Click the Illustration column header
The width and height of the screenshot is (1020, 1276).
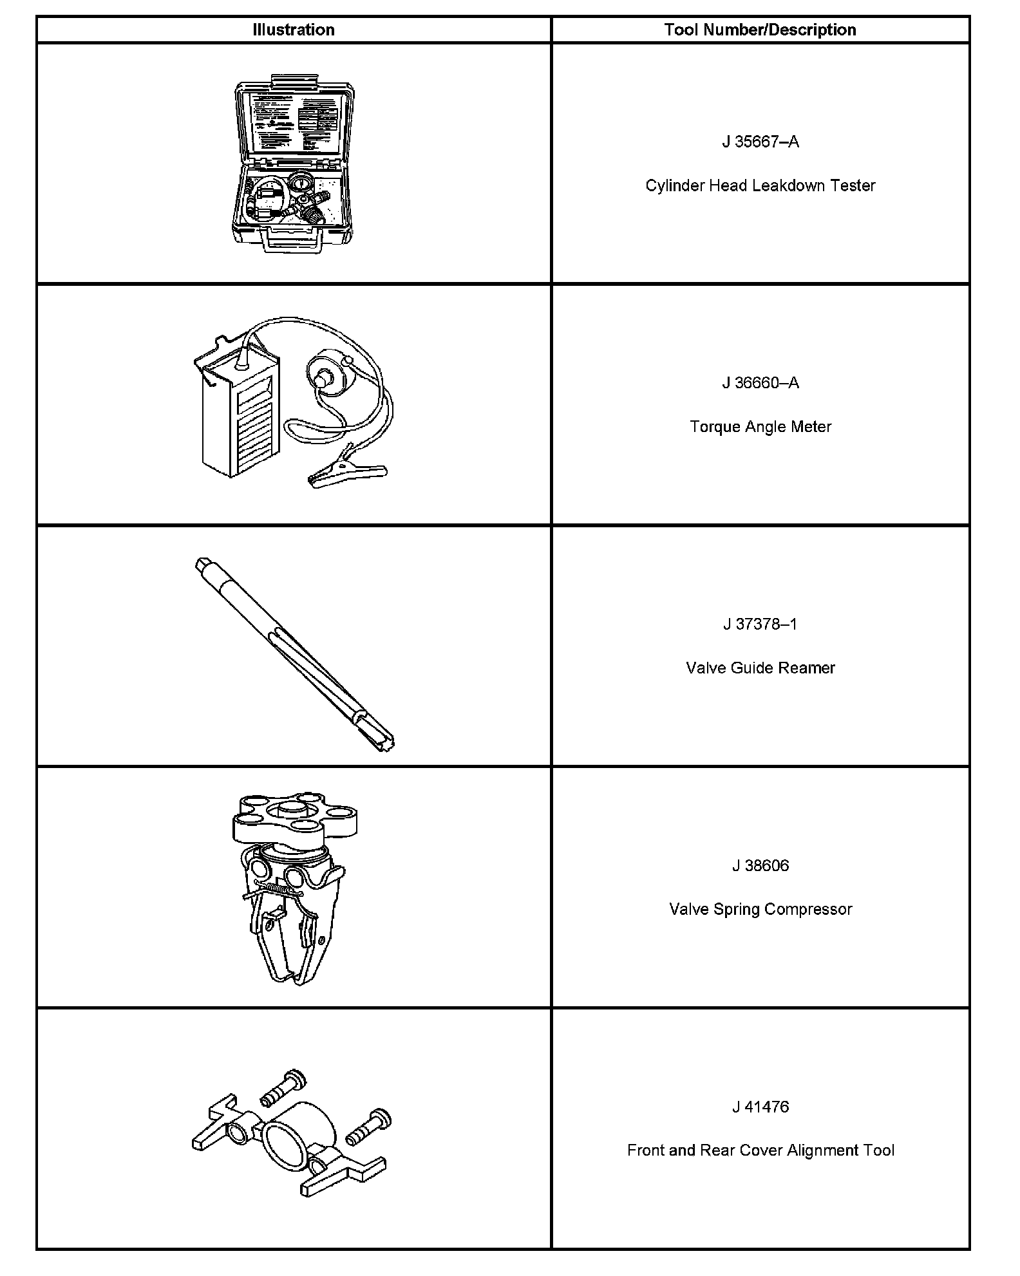tap(293, 30)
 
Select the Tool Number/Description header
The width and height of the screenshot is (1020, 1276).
tap(760, 30)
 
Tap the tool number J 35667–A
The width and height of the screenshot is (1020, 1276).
tap(760, 142)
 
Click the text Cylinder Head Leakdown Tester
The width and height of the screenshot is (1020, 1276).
tap(760, 185)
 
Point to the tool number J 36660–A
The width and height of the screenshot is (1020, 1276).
tap(760, 383)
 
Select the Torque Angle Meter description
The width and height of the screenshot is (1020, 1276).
tap(760, 426)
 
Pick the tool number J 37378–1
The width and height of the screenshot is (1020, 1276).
tap(760, 624)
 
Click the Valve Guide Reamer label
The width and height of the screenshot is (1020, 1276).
tap(760, 668)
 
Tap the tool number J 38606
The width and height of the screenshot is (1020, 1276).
tap(760, 865)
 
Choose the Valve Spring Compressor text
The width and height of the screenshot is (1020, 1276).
tap(760, 909)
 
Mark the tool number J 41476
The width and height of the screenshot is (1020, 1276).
tap(760, 1107)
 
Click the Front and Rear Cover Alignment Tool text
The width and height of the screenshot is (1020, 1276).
tap(760, 1150)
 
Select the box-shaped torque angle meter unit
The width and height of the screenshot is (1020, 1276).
tap(240, 412)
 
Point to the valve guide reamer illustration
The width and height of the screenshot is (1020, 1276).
tap(293, 653)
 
